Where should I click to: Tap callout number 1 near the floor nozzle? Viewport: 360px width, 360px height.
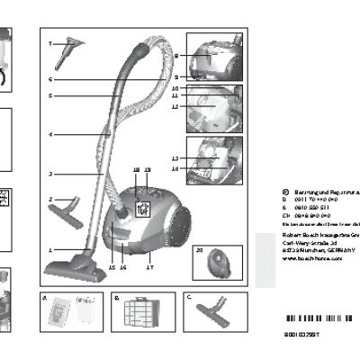(x=51, y=248)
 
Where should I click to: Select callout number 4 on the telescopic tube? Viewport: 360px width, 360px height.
(x=51, y=135)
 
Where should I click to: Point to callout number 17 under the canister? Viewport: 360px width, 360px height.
(x=149, y=267)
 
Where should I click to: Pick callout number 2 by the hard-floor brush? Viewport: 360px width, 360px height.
(x=51, y=199)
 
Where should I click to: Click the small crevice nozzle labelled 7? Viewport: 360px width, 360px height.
(x=65, y=54)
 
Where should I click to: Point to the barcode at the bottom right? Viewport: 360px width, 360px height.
(x=315, y=321)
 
